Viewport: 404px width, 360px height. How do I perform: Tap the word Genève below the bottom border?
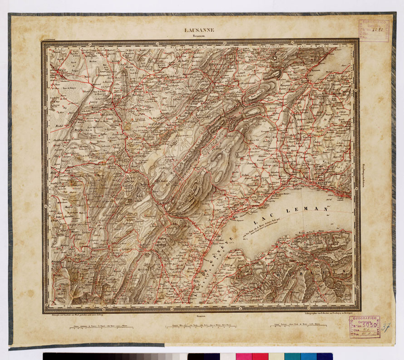(202, 315)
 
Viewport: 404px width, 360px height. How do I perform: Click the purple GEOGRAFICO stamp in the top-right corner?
(374, 30)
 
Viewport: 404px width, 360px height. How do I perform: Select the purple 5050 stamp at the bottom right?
(365, 327)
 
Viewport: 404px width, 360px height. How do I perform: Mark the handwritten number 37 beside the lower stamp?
(386, 327)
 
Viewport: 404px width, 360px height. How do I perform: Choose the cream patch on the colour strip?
(276, 356)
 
